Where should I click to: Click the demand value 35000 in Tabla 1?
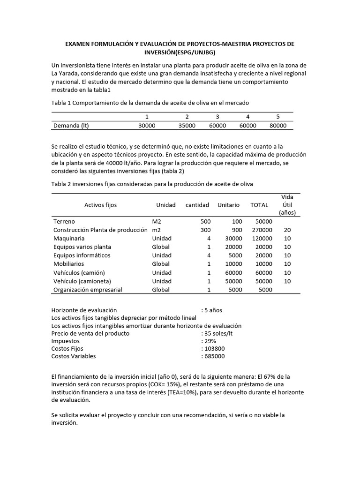coord(187,126)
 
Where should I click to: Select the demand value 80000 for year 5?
coord(278,126)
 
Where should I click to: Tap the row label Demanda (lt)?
coord(71,126)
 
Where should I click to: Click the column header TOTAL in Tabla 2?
coord(259,205)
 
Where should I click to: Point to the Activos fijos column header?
coord(101,205)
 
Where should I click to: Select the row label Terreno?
coord(64,221)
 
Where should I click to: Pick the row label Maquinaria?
coord(69,238)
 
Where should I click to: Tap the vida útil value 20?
coord(287,230)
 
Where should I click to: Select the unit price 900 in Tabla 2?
coord(237,230)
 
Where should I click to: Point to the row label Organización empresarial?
coord(88,290)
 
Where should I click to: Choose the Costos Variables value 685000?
coord(214,356)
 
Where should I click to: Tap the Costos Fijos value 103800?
coord(214,349)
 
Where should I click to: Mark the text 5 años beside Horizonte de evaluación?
coord(213,310)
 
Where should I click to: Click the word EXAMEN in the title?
coord(78,44)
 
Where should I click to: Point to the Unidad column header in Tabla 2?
coord(166,205)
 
